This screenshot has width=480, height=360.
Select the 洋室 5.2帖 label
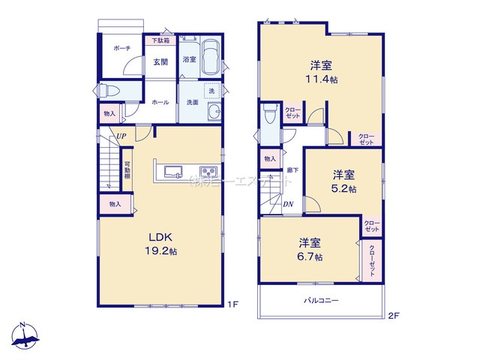click(344, 181)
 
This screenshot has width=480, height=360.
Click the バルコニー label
click(321, 301)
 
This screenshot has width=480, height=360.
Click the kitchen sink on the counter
click(171, 170)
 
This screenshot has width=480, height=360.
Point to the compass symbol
click(25, 334)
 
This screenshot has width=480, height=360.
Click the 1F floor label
click(232, 304)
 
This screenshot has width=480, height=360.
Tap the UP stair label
click(120, 136)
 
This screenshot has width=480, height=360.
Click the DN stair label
click(288, 203)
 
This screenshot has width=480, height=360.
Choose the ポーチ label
click(122, 48)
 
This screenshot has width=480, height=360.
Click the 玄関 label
click(160, 63)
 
